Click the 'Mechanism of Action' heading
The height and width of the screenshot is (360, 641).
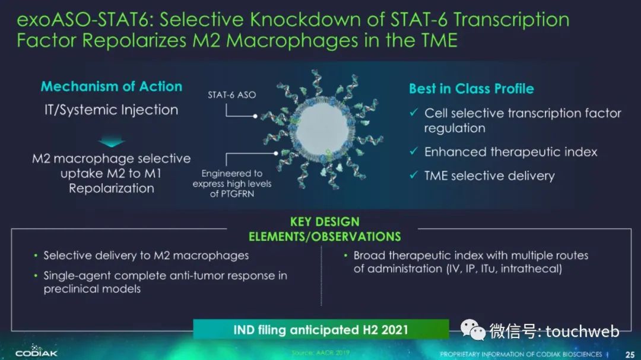[x=111, y=86]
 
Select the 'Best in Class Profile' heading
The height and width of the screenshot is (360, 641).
[x=471, y=89]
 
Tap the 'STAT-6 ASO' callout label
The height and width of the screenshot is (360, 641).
[x=232, y=95]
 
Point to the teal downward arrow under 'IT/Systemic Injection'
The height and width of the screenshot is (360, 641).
[x=111, y=142]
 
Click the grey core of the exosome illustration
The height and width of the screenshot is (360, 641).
[x=322, y=130]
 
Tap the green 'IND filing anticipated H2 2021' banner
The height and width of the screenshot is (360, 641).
[x=321, y=329]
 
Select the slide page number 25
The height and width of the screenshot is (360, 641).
[x=630, y=354]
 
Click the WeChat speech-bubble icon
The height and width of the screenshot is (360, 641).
[x=472, y=330]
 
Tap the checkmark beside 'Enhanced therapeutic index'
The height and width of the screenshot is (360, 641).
[x=414, y=151]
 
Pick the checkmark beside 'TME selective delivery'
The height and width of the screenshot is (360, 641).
[x=414, y=175]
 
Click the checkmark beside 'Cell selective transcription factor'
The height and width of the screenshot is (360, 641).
[x=414, y=112]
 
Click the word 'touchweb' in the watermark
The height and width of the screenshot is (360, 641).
[x=582, y=331]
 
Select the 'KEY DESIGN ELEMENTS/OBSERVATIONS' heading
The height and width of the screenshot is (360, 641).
[x=325, y=230]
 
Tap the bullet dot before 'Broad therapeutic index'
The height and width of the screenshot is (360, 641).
[x=346, y=256]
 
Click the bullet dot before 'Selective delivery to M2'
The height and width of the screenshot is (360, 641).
[x=36, y=256]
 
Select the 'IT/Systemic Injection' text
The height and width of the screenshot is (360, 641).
[x=111, y=110]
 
